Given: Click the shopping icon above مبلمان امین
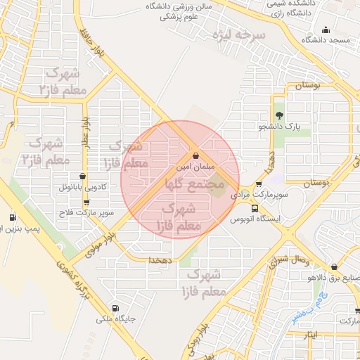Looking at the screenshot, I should [x=195, y=155].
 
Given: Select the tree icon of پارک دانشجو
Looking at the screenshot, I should [x=280, y=115].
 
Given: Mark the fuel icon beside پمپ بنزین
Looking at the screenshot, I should [x=12, y=217].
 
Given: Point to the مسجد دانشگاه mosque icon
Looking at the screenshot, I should [x=325, y=30].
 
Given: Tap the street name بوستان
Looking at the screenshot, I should [x=307, y=86].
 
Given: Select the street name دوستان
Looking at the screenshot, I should [x=316, y=182].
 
